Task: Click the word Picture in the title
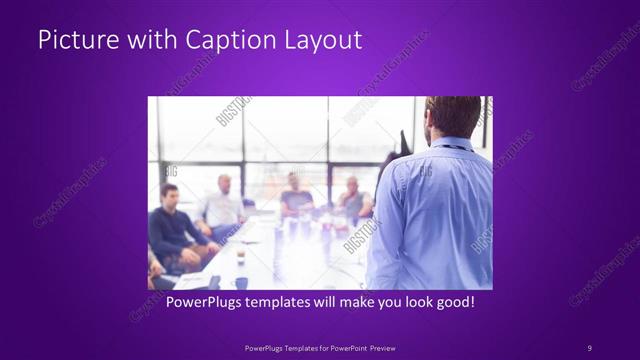[71, 41]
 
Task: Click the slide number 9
[589, 347]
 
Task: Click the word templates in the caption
[284, 300]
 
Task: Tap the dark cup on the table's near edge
[241, 282]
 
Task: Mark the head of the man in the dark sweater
[169, 194]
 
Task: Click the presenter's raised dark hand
[389, 165]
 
